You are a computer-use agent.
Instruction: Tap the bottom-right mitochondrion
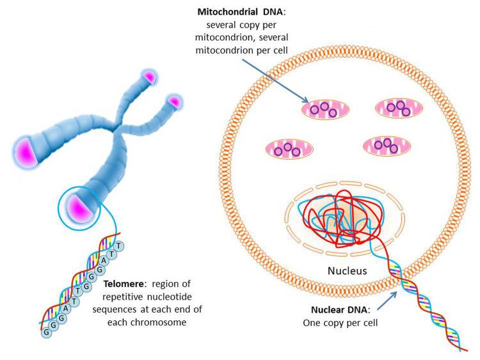pos(387,146)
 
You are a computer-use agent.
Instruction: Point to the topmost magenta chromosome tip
pos(148,77)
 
